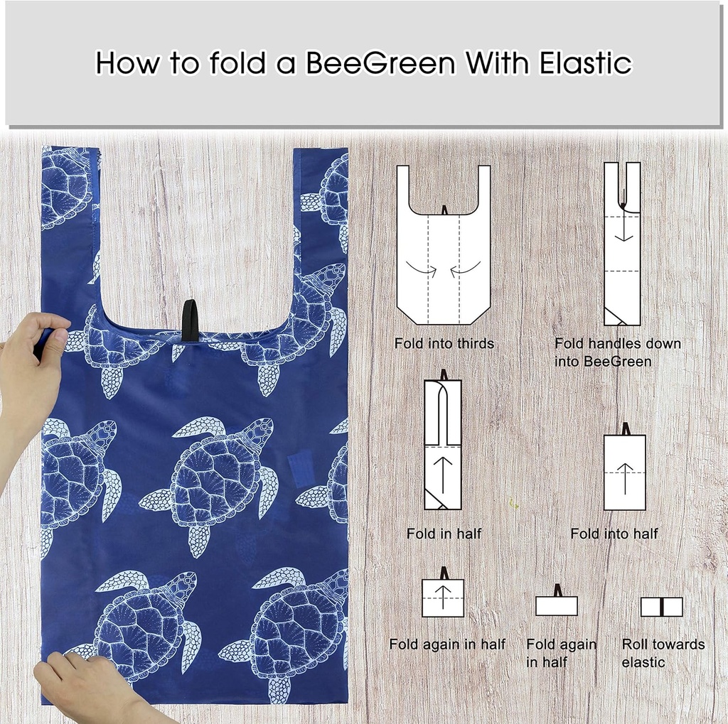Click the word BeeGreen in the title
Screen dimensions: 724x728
tap(380, 63)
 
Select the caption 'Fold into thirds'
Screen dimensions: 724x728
tap(444, 344)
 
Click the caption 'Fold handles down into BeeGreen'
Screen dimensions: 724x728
tap(618, 352)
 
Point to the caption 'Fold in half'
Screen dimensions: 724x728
tap(444, 534)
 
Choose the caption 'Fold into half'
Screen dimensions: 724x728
tap(614, 534)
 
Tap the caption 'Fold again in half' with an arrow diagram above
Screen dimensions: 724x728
tap(447, 644)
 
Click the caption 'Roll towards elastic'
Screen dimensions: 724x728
tap(663, 653)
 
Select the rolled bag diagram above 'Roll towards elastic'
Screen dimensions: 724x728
tap(661, 607)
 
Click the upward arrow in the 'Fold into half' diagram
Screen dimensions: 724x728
tap(625, 477)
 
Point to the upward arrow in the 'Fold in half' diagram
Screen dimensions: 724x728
tap(442, 475)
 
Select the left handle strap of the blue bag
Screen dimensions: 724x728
tap(69, 213)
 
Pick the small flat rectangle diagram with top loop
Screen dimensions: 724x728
tap(557, 605)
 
